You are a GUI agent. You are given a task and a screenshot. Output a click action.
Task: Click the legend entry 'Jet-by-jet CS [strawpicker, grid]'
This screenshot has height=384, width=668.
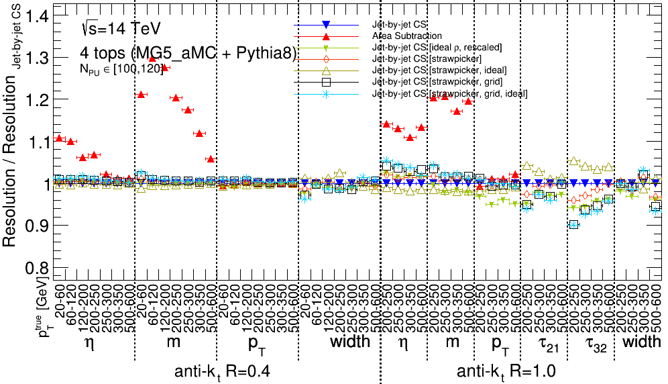pyautogui.click(x=435, y=82)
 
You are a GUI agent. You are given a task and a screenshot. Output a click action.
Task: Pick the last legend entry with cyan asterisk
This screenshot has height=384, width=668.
pyautogui.click(x=449, y=93)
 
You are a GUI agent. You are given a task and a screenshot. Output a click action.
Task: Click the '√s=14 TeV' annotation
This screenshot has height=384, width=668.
pyautogui.click(x=119, y=29)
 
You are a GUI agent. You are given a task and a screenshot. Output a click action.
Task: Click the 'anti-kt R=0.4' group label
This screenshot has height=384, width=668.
pyautogui.click(x=222, y=371)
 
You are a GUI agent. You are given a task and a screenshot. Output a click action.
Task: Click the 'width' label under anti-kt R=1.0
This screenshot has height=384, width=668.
pyautogui.click(x=643, y=342)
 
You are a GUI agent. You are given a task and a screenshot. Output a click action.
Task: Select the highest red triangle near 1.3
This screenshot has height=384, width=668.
pyautogui.click(x=152, y=58)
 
